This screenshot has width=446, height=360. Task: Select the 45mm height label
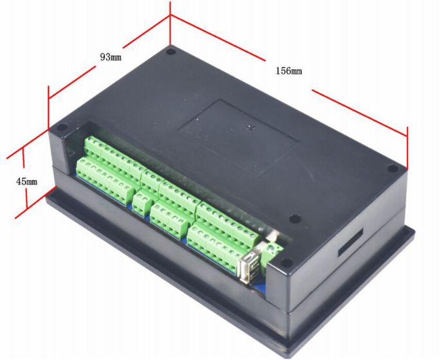coord(26,182)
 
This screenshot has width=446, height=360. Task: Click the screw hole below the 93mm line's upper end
coord(171,52)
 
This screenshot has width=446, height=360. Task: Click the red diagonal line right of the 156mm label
coord(360,110)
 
